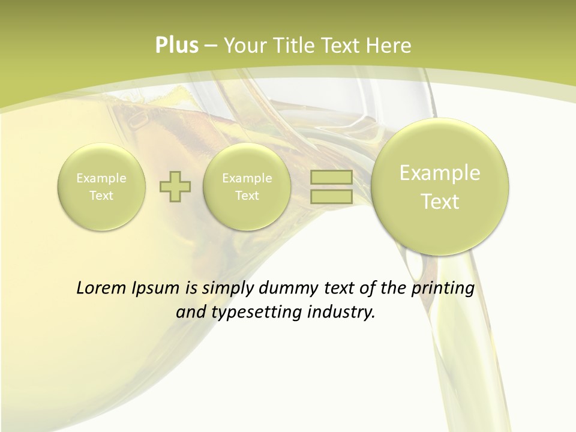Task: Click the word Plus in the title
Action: (x=176, y=46)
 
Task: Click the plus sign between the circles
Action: (x=175, y=187)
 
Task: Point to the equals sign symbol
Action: (x=331, y=187)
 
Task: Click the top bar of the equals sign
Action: (x=331, y=178)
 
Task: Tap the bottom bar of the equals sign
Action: (x=331, y=196)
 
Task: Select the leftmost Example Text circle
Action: (x=101, y=187)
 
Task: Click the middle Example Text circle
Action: (x=247, y=187)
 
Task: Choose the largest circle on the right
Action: (x=440, y=187)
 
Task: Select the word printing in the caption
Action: (x=443, y=289)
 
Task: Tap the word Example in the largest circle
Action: (x=440, y=173)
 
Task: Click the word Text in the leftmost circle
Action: (x=101, y=196)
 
